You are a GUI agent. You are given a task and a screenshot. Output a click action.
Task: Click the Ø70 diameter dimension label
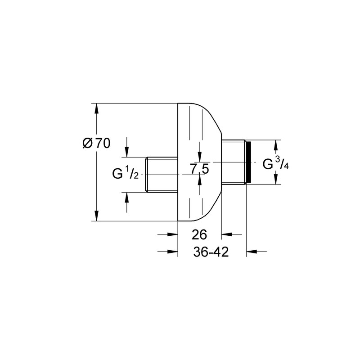[96, 143]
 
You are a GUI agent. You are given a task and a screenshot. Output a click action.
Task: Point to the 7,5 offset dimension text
[199, 169]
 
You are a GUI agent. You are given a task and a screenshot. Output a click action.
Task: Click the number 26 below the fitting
[199, 234]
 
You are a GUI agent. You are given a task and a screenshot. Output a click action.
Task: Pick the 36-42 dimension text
[211, 252]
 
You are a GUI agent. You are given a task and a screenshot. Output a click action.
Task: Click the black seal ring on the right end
[248, 162]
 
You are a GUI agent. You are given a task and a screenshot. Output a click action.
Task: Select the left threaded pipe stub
[162, 175]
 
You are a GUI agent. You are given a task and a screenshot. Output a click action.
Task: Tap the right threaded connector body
[234, 162]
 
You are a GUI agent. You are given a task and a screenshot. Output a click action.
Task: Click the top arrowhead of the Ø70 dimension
[97, 108]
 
